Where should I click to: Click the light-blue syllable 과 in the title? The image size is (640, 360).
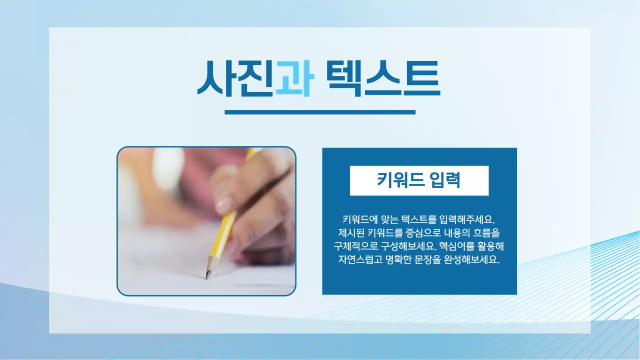[x=294, y=79]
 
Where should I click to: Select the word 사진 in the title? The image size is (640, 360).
[x=235, y=79]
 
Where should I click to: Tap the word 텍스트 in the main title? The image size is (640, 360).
[x=382, y=79]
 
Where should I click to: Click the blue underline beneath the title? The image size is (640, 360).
[x=320, y=112]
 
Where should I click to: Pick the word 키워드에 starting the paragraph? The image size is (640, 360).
[x=359, y=219]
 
